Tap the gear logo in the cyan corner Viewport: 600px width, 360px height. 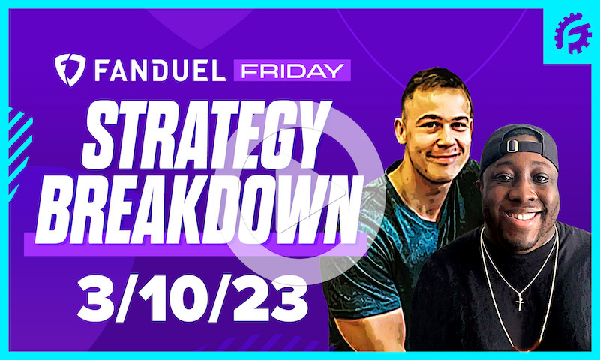(572, 34)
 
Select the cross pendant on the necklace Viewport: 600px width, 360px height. (518, 301)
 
